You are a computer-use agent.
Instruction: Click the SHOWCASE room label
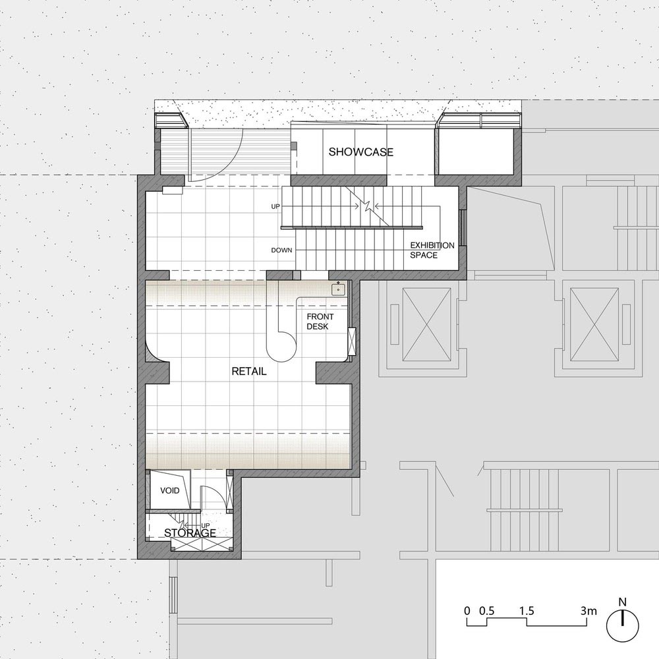[x=361, y=152]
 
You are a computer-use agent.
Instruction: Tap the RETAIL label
[x=249, y=371]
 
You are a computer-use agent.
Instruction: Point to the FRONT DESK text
[x=320, y=322]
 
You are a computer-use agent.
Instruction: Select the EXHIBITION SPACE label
[x=432, y=250]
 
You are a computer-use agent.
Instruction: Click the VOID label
[x=170, y=490]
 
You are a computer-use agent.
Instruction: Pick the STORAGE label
[x=190, y=533]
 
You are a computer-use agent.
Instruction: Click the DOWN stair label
[x=281, y=250]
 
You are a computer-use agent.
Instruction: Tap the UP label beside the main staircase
[x=275, y=207]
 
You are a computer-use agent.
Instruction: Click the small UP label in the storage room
[x=206, y=525]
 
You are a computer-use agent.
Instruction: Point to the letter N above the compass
[x=623, y=602]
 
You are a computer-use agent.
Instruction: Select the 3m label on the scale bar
[x=588, y=611]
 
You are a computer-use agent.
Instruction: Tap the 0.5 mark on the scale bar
[x=487, y=611]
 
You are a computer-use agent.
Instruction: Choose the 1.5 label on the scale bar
[x=526, y=611]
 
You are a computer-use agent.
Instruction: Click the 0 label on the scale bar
[x=467, y=611]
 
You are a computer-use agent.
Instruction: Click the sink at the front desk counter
[x=338, y=289]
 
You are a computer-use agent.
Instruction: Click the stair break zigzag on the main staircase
[x=368, y=206]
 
